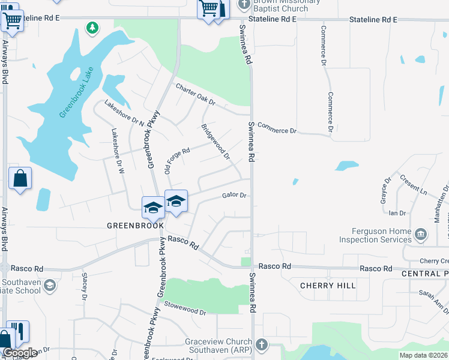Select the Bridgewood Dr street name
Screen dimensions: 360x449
click(x=215, y=142)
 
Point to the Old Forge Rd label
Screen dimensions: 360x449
click(x=177, y=159)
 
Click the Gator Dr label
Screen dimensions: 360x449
click(x=235, y=195)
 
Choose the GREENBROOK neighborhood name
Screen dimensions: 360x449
click(x=135, y=226)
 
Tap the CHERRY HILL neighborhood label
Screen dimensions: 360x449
click(x=328, y=286)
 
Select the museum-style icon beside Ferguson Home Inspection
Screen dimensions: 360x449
click(x=420, y=233)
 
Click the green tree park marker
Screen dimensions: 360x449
click(x=92, y=28)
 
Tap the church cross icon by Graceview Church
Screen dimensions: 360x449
click(x=261, y=345)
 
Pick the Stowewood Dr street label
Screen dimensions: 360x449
click(x=185, y=311)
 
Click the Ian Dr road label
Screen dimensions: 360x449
click(x=397, y=213)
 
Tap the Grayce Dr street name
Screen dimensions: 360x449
click(x=386, y=190)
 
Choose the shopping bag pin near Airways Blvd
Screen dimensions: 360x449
click(x=20, y=178)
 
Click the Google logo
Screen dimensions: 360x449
click(x=20, y=353)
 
